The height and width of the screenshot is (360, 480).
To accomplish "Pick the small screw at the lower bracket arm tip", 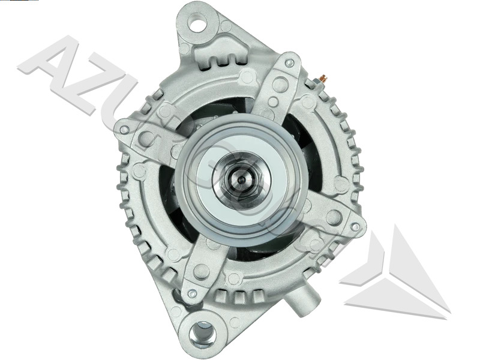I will [191, 293].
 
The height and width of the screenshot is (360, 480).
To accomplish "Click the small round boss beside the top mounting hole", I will [225, 26].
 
